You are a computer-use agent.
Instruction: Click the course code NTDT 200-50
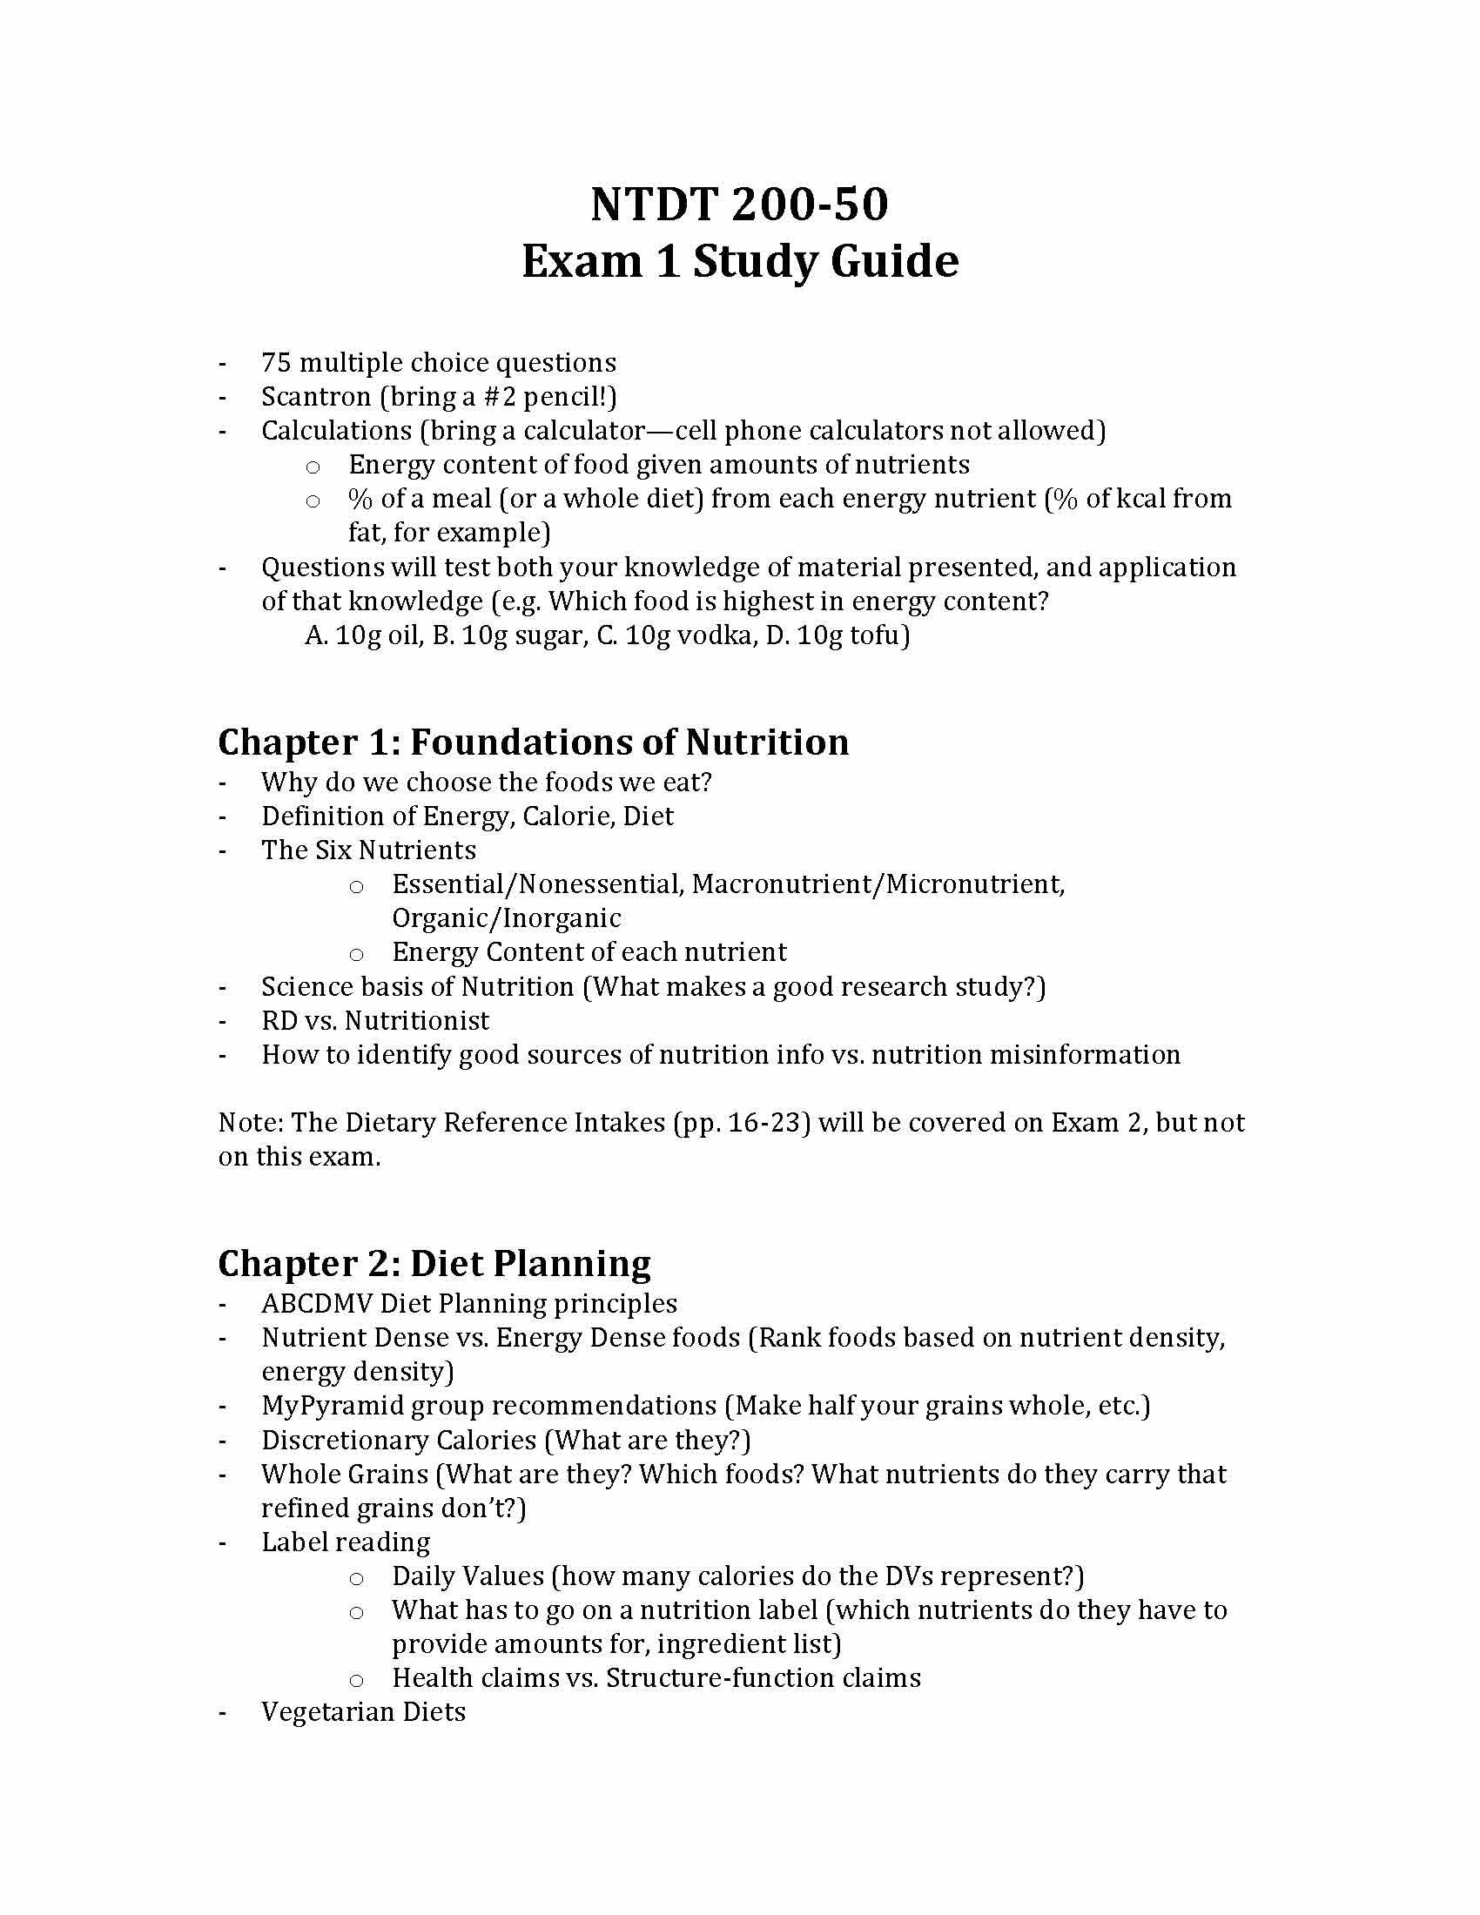coord(739,204)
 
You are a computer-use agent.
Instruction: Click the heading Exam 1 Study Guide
coord(739,261)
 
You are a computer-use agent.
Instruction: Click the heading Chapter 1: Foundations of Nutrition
coord(533,742)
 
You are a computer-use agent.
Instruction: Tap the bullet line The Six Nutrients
coord(368,850)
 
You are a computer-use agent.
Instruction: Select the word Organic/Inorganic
coord(506,918)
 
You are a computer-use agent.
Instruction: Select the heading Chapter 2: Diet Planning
coord(434,1264)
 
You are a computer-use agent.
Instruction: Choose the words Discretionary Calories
coord(399,1441)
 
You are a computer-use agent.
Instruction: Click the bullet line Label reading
coord(346,1542)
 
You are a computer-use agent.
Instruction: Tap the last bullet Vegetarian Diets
coord(363,1712)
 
